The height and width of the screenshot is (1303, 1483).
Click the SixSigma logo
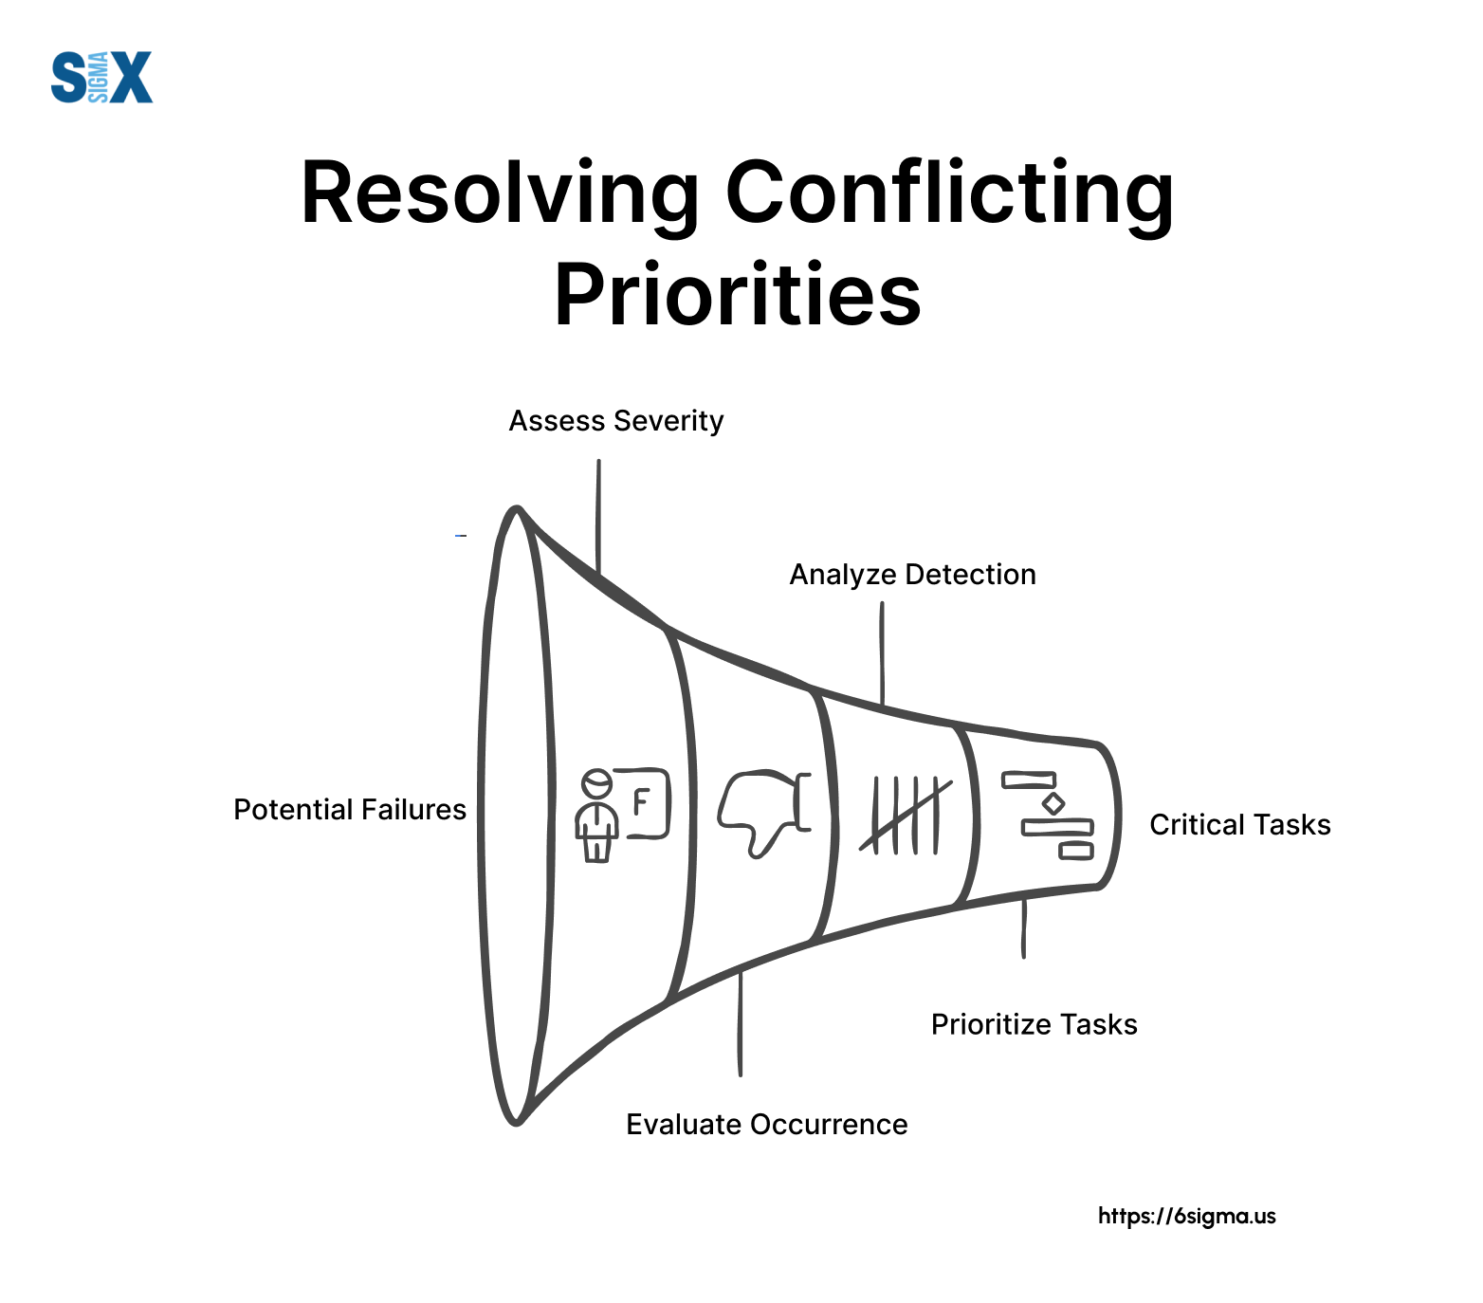[101, 78]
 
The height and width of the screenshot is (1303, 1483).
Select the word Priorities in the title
[738, 294]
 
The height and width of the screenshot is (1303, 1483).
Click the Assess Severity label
[616, 421]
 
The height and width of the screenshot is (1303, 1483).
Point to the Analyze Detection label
[913, 575]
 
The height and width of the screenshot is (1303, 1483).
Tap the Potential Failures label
[350, 810]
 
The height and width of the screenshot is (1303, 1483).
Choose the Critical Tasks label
[1240, 825]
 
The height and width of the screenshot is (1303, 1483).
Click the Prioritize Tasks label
[1034, 1025]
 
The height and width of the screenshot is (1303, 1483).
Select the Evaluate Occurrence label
[767, 1125]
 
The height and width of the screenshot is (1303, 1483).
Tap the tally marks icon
[906, 815]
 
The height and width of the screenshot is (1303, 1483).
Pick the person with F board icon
[622, 814]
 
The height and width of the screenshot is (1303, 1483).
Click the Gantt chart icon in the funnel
[1048, 815]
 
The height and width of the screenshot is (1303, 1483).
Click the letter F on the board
[642, 802]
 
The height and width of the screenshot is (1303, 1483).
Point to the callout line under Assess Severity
[598, 517]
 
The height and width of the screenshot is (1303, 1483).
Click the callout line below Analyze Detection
[882, 654]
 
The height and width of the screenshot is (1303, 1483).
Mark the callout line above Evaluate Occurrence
[741, 1023]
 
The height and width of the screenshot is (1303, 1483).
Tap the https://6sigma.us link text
[1187, 1217]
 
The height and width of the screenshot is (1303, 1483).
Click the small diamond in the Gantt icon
[1053, 804]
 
